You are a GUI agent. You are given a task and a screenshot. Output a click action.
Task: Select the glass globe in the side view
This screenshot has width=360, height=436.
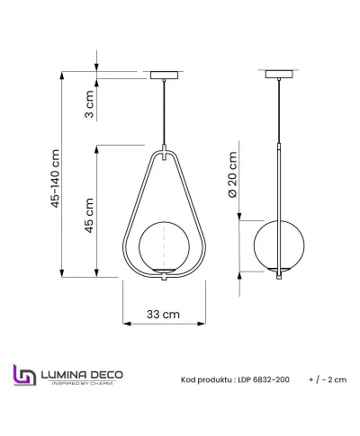[x=275, y=245]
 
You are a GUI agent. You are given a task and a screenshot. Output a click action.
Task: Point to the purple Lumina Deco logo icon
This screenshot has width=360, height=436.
[x=24, y=378]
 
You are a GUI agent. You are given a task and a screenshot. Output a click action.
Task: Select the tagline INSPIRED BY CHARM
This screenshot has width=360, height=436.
[x=83, y=385]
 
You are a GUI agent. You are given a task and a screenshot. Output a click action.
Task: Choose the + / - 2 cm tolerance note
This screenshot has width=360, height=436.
[x=327, y=380]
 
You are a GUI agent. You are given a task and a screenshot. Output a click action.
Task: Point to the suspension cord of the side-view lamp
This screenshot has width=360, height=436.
[x=275, y=108]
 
